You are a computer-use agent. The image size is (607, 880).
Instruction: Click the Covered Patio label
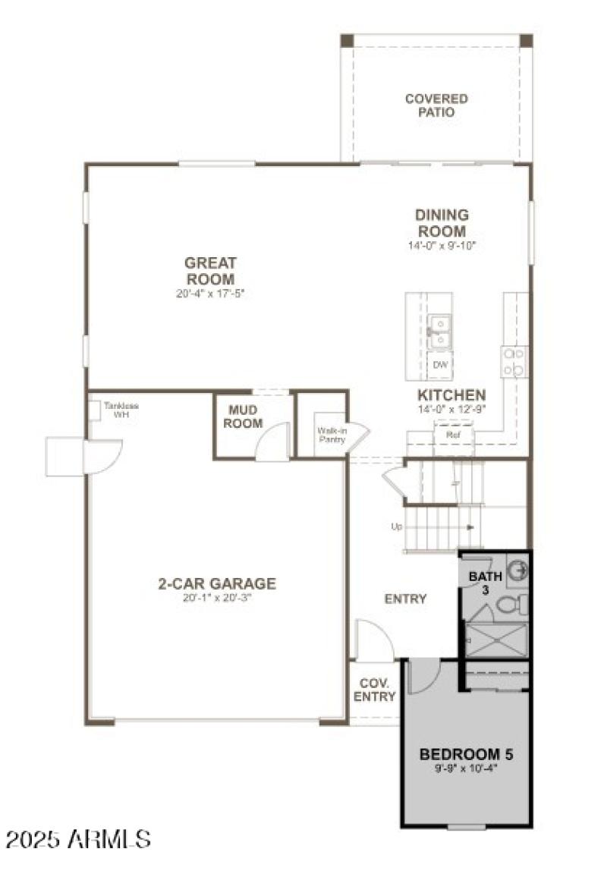436,105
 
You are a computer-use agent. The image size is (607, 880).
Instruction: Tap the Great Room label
210,271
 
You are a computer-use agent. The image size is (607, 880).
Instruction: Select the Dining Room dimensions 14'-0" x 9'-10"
441,246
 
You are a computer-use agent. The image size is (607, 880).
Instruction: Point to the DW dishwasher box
440,366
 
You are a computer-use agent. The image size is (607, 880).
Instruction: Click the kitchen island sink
439,328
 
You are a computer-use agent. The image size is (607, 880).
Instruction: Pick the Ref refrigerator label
454,435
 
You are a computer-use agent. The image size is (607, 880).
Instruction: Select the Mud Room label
243,416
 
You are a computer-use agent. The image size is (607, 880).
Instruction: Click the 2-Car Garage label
217,584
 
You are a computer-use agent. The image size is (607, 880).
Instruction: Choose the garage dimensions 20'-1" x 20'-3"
217,598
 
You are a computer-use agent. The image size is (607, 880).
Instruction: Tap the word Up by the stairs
396,526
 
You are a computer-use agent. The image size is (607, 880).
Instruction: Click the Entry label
405,599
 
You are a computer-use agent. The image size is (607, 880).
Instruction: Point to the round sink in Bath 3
517,568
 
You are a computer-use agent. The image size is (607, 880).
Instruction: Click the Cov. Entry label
375,690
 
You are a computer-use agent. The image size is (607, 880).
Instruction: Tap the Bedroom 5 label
467,755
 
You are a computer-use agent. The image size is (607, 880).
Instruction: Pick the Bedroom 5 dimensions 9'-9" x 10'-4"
467,768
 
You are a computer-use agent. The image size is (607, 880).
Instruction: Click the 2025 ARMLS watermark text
79,839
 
